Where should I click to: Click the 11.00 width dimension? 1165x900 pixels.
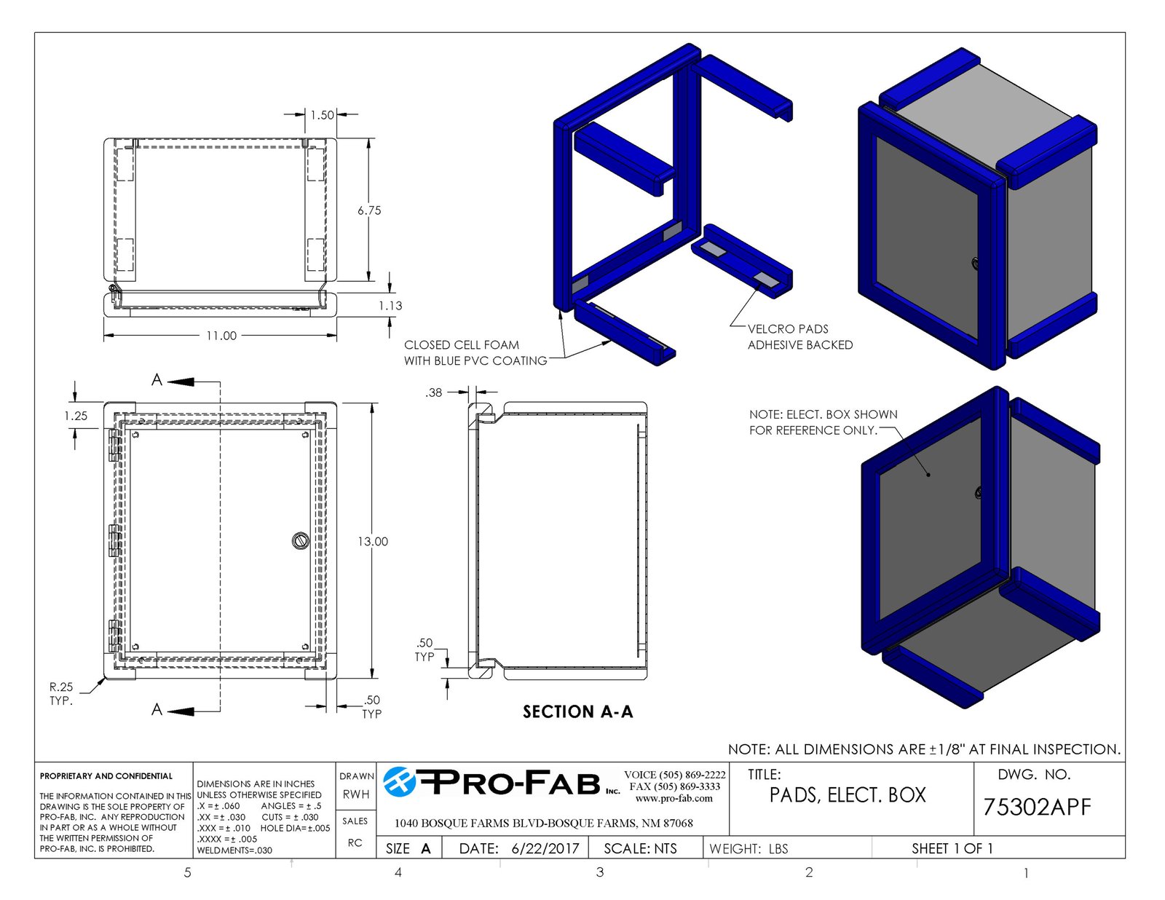(x=221, y=336)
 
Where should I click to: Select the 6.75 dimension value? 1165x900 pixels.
(x=369, y=210)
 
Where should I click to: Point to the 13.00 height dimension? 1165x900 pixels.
(x=373, y=542)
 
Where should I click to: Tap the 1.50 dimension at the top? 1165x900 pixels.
(x=322, y=115)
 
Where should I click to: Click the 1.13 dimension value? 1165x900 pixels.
(x=390, y=306)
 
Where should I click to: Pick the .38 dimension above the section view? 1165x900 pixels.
(x=434, y=392)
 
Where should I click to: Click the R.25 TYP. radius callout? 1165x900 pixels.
(x=61, y=694)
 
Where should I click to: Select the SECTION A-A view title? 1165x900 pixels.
(x=578, y=711)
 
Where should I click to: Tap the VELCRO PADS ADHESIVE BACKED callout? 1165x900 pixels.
(x=800, y=336)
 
